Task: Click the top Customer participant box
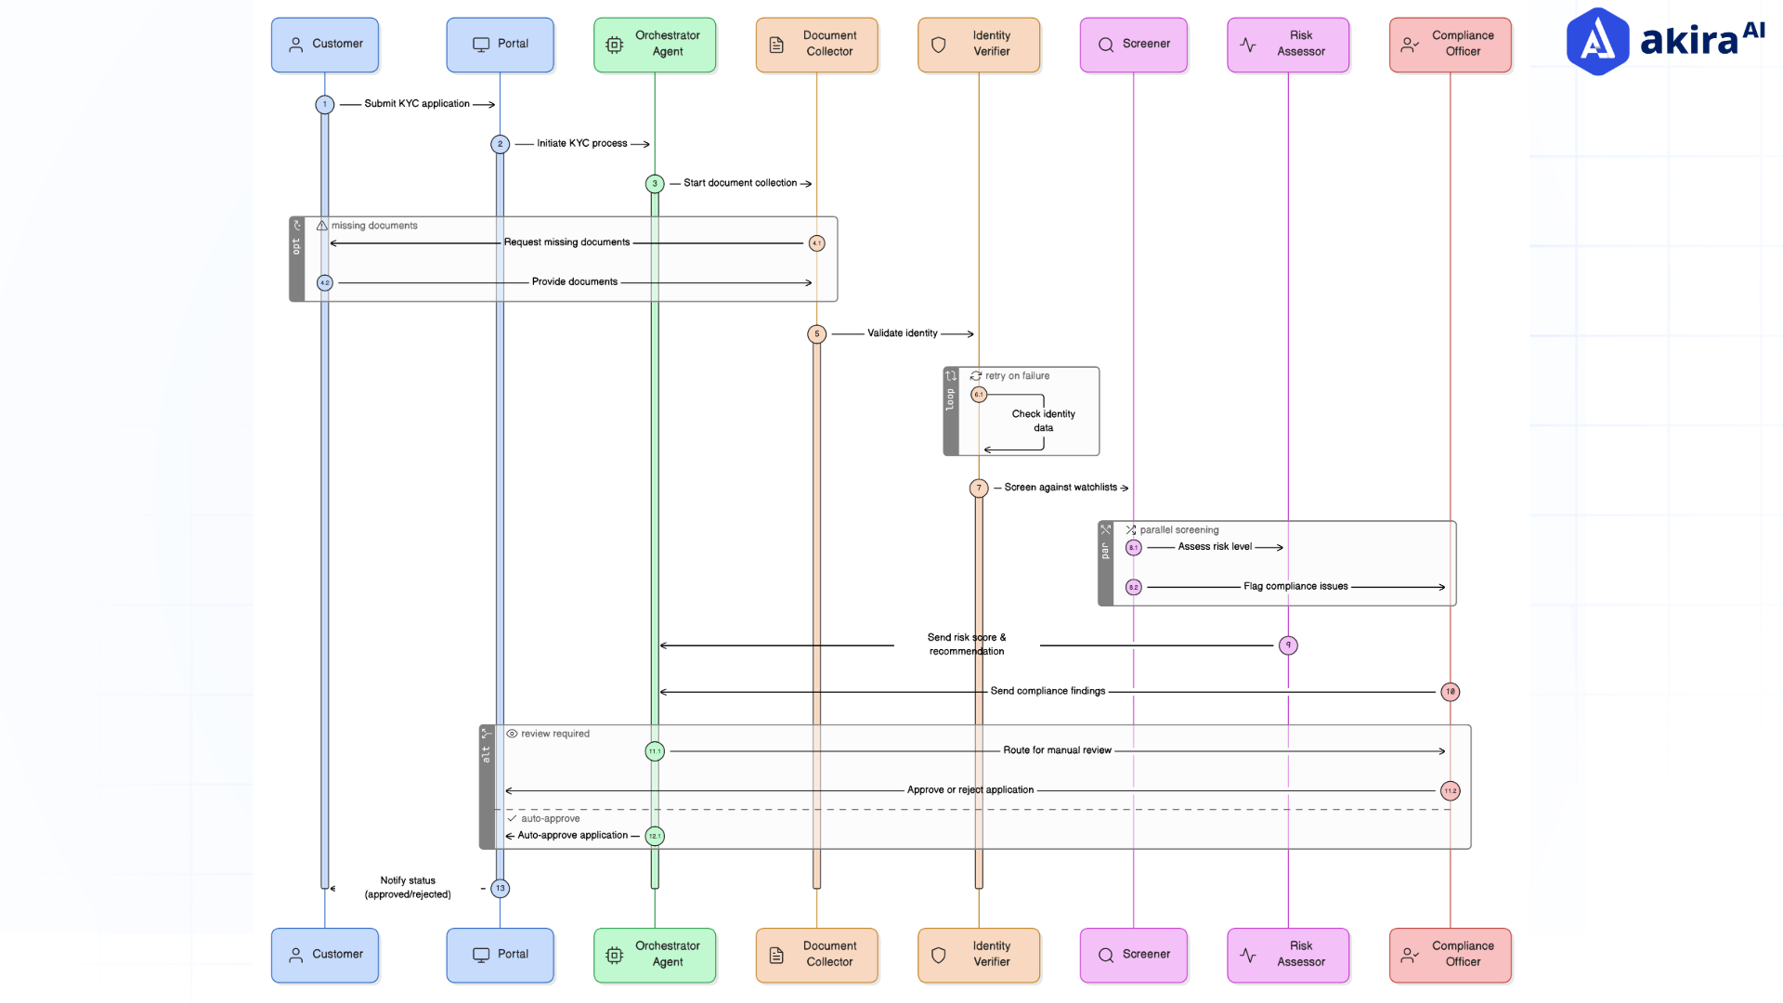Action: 324,45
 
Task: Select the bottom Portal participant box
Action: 500,955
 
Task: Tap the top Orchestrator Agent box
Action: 655,45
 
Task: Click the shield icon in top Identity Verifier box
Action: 938,45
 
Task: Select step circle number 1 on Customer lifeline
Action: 324,104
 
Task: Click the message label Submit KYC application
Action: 417,104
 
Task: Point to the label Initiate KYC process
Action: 581,144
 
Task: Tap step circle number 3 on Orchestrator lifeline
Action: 655,184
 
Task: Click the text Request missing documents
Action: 566,242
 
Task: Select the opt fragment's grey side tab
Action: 297,259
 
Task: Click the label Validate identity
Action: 902,333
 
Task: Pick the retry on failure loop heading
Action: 1017,376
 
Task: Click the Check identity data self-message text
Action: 1043,421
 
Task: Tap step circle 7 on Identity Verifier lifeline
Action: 979,488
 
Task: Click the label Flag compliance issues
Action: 1295,587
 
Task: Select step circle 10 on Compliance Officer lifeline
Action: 1450,692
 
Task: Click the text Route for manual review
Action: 1057,750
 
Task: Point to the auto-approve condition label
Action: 550,819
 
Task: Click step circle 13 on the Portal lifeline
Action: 500,889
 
